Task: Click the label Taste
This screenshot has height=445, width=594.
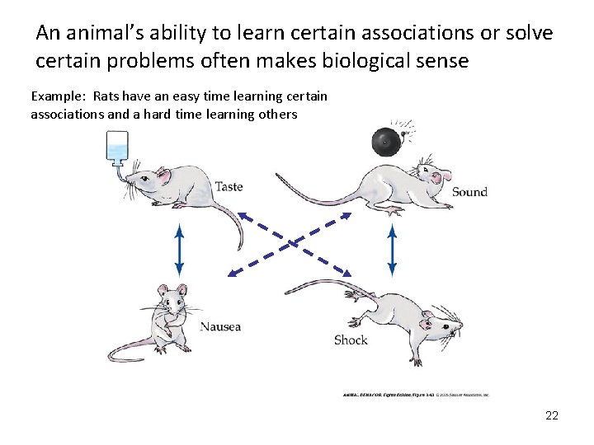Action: point(229,186)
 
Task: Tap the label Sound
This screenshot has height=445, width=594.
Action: point(469,192)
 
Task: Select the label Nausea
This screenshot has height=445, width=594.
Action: point(220,326)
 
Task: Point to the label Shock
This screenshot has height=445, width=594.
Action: point(351,340)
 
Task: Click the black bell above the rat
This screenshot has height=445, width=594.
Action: point(386,143)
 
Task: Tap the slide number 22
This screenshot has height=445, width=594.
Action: point(552,415)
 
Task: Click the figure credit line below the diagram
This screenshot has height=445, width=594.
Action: point(416,395)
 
